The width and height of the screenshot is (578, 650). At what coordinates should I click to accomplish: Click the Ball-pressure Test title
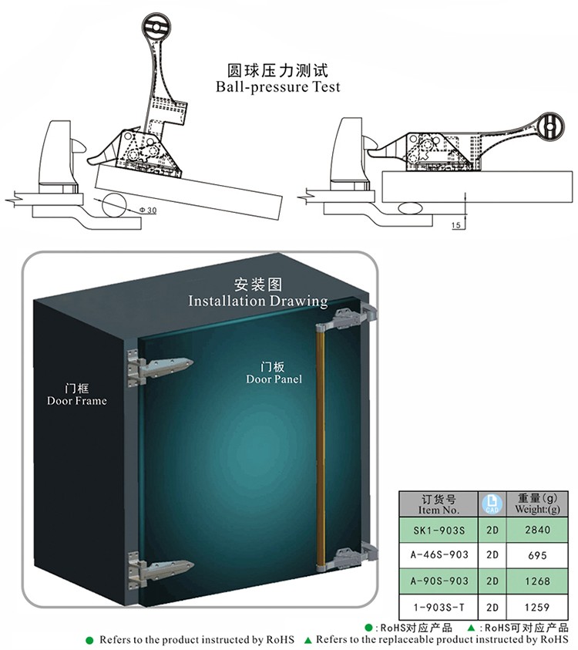[x=277, y=87]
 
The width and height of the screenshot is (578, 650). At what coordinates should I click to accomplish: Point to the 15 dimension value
[x=456, y=225]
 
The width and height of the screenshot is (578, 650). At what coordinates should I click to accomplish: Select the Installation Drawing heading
[x=257, y=301]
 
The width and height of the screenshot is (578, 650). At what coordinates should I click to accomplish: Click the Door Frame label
[x=76, y=401]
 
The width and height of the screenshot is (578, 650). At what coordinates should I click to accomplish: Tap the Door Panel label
[x=274, y=379]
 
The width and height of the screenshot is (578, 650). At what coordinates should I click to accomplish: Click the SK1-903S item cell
[x=440, y=531]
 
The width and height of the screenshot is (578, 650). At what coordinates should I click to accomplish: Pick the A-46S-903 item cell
[x=440, y=556]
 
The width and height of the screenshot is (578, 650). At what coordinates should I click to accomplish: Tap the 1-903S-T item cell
[x=440, y=606]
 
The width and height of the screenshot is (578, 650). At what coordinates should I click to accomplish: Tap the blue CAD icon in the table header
[x=491, y=505]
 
